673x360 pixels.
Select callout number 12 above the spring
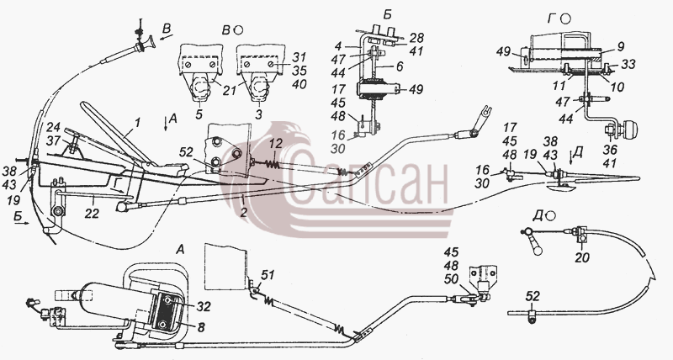277,144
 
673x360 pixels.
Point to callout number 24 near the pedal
53,128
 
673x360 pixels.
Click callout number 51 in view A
268,274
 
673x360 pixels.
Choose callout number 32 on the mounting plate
204,306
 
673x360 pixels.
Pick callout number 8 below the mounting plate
201,327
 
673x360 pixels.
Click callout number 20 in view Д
582,257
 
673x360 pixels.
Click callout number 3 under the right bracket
259,115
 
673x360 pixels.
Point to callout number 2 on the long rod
243,212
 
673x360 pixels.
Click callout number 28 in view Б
416,37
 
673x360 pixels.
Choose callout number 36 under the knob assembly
610,150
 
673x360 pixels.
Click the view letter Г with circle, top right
559,19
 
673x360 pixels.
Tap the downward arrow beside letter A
167,124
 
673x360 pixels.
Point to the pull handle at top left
145,46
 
